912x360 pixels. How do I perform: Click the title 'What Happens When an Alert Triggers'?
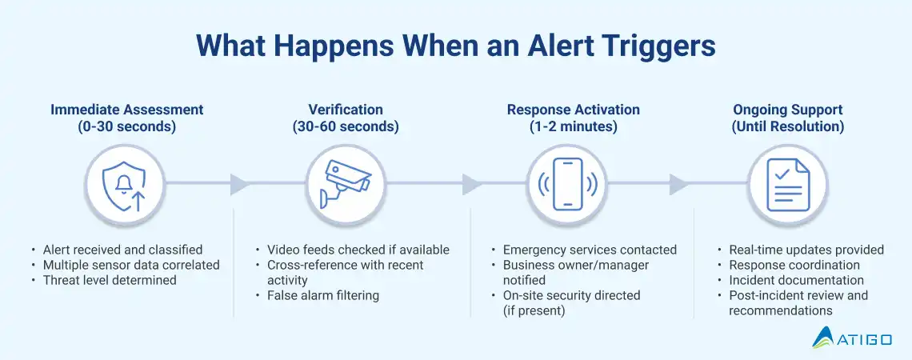455,46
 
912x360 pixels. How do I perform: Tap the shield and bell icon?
125,185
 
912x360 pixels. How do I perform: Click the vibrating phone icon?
567,184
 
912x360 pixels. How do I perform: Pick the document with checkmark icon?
788,185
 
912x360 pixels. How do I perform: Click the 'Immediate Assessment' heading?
126,110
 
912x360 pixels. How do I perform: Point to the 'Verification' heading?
346,110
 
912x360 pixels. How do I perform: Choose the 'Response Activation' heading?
573,110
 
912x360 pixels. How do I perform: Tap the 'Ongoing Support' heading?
787,110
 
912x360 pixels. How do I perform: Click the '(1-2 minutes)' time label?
573,126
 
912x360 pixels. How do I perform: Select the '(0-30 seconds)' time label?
126,126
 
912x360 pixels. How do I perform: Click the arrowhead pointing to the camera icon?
240,184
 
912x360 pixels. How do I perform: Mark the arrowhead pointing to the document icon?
678,184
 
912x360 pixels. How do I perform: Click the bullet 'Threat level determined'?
110,280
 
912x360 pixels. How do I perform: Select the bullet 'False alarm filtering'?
323,295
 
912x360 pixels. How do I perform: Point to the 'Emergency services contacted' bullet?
590,250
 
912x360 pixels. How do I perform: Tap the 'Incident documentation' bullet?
796,280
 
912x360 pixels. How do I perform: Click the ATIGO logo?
851,337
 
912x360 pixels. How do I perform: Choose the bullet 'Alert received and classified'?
122,250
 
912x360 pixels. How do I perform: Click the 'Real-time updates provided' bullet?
806,250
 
